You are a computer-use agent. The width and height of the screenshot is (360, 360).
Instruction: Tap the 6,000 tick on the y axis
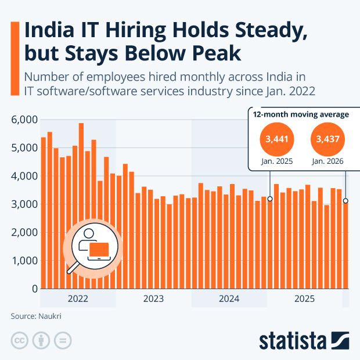[24, 120]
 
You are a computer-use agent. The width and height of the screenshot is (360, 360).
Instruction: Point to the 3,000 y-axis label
[24, 204]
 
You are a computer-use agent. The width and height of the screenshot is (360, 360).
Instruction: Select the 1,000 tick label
[24, 261]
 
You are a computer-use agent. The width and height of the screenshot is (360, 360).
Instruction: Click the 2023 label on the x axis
[153, 299]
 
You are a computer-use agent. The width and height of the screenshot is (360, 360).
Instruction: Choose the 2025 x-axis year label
[304, 299]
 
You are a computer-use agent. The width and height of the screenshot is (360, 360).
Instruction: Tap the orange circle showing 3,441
[277, 139]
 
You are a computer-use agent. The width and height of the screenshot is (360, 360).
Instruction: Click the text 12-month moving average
[301, 114]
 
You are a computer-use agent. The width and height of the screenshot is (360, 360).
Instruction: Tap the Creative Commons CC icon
[19, 340]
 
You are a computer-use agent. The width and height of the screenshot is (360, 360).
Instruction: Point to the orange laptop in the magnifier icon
[99, 250]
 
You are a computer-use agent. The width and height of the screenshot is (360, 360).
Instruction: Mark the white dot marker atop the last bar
[345, 201]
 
